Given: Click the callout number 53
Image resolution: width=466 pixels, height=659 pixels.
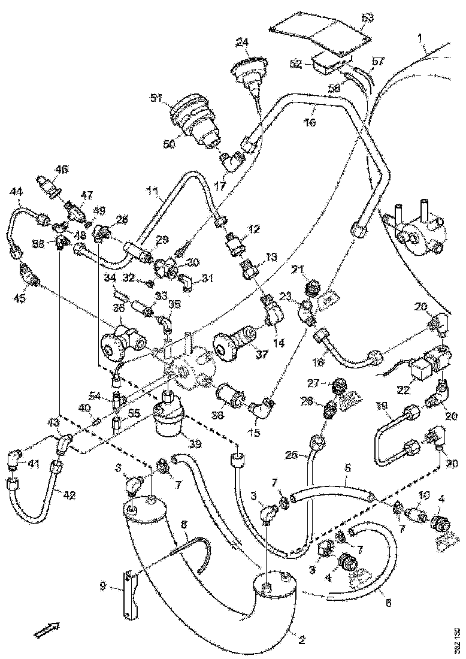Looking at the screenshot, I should pos(367,18).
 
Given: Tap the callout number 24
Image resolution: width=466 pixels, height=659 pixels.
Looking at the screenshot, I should pos(242,43).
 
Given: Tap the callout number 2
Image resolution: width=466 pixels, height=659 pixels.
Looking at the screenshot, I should pos(301,640).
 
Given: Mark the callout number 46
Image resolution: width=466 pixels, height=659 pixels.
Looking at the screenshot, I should pos(61,170).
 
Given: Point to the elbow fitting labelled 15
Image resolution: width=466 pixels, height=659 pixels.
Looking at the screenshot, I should pos(263,412).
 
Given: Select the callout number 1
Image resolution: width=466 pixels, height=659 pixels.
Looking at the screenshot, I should pos(422,36).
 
